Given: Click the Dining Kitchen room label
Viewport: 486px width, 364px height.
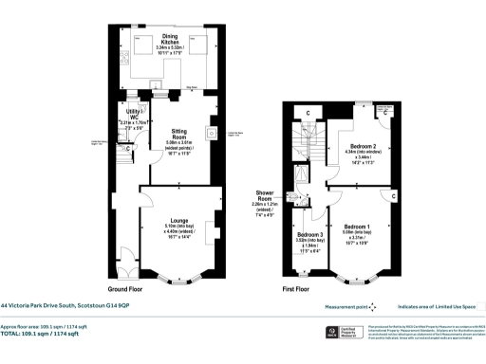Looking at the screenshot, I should [171, 39].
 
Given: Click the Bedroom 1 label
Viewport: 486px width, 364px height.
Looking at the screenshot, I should [357, 227].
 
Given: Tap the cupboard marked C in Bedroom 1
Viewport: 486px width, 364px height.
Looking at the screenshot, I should [394, 196].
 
